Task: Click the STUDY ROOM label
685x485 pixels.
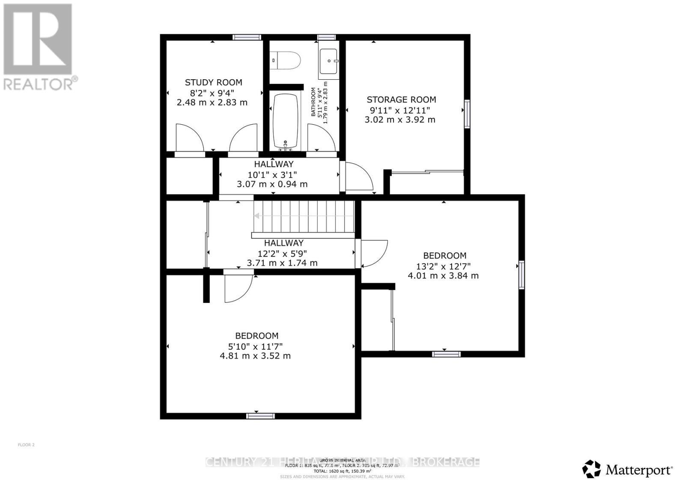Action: point(213,82)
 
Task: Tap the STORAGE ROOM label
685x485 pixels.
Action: point(401,99)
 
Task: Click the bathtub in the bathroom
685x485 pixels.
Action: point(286,121)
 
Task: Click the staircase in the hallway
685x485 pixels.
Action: point(304,216)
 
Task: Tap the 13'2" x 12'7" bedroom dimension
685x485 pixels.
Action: point(444,266)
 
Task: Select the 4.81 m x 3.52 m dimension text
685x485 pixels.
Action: point(255,356)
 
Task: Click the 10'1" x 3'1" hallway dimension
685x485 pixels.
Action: point(272,174)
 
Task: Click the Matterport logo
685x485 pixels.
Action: point(628,470)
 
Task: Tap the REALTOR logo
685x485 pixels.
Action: point(38,47)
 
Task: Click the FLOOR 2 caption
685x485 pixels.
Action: point(26,445)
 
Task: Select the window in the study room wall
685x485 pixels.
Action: point(247,37)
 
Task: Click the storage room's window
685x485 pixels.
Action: point(467,114)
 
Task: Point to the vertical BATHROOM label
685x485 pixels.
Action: point(313,102)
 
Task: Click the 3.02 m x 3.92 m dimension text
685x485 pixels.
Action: point(400,120)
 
